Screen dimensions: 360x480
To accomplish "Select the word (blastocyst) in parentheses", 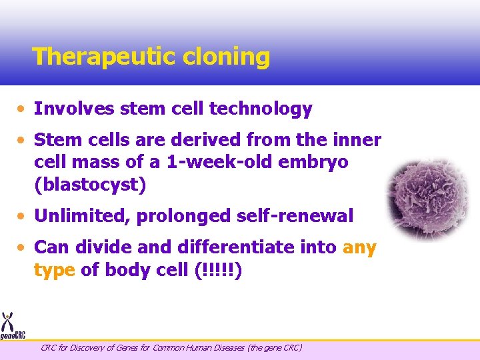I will (90, 185).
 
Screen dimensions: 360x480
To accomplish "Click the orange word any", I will (359, 247).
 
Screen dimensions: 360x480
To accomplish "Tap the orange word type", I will (54, 270).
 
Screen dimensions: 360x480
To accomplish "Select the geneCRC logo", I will (12, 326).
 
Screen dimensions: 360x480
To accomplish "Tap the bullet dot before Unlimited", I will (23, 216).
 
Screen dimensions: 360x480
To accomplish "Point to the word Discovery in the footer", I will (86, 347).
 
